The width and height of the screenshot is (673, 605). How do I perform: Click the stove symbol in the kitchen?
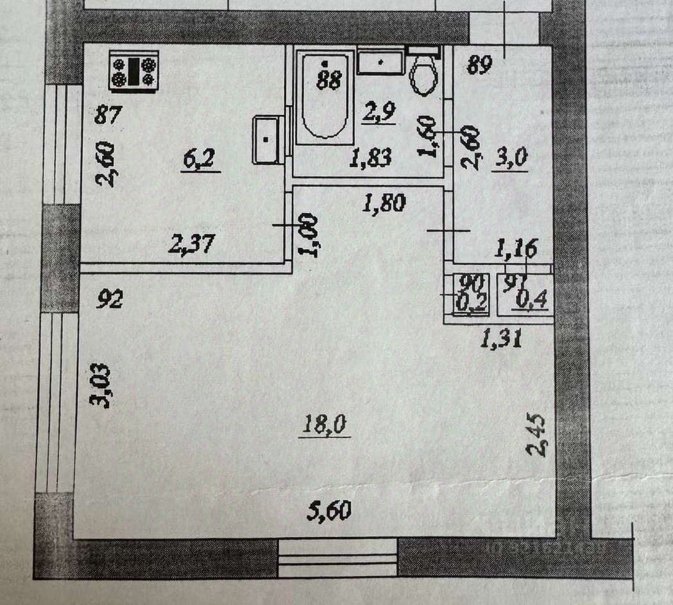pos(133,71)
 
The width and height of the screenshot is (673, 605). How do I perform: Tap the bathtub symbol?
pos(325,98)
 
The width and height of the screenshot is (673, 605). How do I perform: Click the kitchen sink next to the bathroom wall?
pos(269,139)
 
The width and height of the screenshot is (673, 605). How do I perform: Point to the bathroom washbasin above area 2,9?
pos(380,62)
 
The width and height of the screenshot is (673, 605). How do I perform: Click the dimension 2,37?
pos(191,244)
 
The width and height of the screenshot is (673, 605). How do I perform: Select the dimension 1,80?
pos(384,204)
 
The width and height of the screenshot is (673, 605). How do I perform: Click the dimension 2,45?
pos(536,435)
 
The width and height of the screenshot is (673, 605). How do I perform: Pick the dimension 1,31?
pos(501,337)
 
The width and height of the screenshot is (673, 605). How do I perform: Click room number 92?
pos(109,299)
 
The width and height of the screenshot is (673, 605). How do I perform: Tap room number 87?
pos(108,115)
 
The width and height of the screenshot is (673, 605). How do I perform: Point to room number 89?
pos(480,64)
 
